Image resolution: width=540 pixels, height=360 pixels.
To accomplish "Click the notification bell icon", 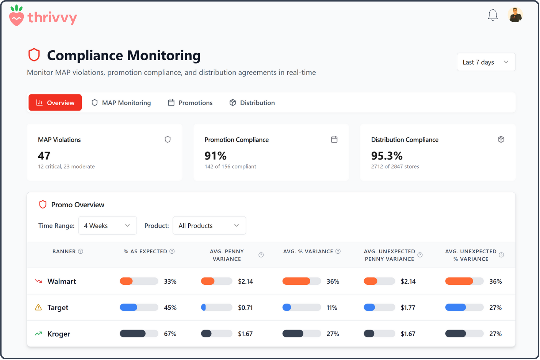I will click(x=492, y=15).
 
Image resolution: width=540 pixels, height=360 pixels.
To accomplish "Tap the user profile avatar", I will click(x=515, y=15).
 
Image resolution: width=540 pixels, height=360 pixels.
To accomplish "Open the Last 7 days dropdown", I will click(x=486, y=62).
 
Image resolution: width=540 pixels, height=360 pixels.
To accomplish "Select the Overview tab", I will click(x=55, y=103).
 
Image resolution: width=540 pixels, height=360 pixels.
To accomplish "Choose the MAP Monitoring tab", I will click(x=121, y=103).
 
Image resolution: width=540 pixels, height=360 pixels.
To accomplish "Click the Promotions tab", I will click(x=190, y=103).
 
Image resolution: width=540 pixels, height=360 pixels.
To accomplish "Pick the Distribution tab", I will click(x=252, y=103).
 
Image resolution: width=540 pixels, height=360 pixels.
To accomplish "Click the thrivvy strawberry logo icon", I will click(x=16, y=16).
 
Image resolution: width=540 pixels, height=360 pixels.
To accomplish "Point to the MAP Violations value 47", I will click(x=44, y=156).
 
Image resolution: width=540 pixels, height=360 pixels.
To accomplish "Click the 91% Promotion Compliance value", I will click(x=216, y=156).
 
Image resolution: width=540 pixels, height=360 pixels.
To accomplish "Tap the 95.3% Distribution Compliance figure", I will click(x=387, y=156).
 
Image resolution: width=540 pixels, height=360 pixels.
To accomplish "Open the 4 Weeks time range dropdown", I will click(x=107, y=226).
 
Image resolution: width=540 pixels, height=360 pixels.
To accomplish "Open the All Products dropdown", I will click(x=209, y=226).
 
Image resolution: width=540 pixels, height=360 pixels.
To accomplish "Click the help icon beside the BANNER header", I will click(x=81, y=251).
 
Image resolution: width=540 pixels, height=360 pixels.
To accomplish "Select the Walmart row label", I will click(x=62, y=281).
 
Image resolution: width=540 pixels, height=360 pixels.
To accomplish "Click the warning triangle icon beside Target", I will click(x=38, y=307).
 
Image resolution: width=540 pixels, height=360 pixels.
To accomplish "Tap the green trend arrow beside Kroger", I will click(x=38, y=334).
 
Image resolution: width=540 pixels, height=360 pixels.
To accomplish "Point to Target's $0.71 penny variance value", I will click(x=245, y=307).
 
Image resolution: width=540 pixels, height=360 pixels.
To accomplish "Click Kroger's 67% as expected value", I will click(x=170, y=334).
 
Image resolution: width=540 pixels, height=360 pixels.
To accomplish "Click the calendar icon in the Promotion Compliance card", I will click(x=334, y=139).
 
